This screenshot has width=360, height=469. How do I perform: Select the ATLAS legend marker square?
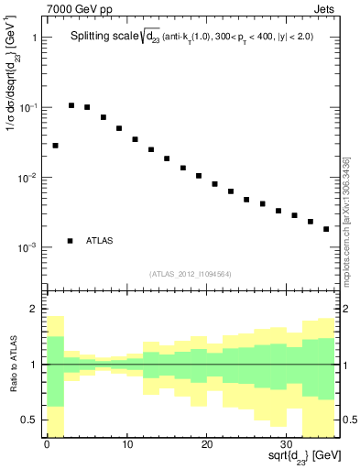coord(70,241)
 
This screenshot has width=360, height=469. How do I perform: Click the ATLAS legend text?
coord(101,241)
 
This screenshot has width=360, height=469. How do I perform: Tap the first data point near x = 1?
coord(55,146)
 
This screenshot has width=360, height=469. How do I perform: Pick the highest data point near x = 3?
coord(71,105)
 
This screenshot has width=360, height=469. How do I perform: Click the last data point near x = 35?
coord(326,229)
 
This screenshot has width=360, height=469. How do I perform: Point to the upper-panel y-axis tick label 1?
coord(34,38)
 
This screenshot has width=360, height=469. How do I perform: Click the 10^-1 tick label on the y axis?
coord(27,108)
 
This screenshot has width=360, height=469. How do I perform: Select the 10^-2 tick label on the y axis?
coord(27,178)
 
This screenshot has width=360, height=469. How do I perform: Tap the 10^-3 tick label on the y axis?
coord(27,247)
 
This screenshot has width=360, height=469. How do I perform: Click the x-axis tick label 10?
coord(126,446)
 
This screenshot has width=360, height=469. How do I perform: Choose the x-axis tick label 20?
coord(206,446)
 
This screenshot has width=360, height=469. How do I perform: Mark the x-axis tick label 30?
coord(286,446)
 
